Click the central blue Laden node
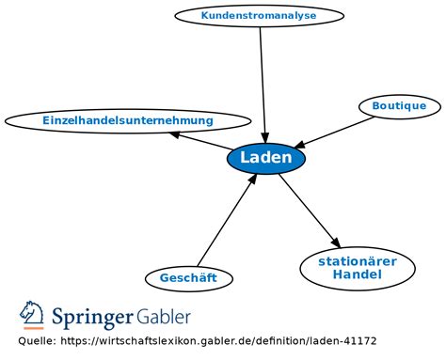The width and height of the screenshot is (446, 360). pos(266,158)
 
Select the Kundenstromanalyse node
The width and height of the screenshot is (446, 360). pos(259,15)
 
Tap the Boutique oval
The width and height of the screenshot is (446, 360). pos(400,106)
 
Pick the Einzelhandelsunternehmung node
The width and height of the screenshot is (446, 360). pos(128,121)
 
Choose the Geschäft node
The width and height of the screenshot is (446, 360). pos(189,278)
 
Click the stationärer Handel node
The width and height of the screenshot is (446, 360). pos(358,269)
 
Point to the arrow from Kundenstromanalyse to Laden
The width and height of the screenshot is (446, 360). pos(263,85)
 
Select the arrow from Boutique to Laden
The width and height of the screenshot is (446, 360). pos(334,133)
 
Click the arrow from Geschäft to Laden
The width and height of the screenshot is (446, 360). pos(228,220)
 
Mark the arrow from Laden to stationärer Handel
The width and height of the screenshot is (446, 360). pos(310,211)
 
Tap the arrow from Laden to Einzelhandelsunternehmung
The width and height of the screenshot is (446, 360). pos(200,141)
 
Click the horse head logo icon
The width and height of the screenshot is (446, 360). pos(31,313)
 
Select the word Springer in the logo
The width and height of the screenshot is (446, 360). pos(92,317)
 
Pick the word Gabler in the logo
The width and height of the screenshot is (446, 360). pos(164,317)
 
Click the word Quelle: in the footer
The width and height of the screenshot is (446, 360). pos(37,341)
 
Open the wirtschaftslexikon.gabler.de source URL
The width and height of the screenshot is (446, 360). pos(218,341)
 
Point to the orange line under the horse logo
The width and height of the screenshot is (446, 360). pos(34,328)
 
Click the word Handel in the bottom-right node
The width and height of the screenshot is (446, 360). pos(358,274)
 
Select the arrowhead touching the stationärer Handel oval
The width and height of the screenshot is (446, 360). pos(336,243)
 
